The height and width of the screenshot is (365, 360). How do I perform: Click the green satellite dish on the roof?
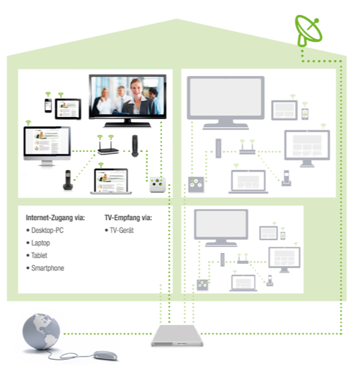(x=308, y=30)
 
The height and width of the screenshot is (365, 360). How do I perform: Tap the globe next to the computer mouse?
(x=41, y=332)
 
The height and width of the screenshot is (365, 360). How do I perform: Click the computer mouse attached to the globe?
(x=105, y=355)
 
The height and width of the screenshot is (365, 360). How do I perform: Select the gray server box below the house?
(x=176, y=335)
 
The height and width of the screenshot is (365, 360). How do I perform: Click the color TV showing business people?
(x=128, y=100)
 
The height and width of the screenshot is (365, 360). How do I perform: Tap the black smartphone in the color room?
(x=48, y=106)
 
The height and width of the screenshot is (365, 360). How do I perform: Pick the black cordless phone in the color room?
(x=68, y=180)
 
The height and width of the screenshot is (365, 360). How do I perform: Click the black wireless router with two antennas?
(x=108, y=148)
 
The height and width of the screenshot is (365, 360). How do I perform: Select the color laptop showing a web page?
(x=111, y=182)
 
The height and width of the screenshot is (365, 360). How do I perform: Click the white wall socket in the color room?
(x=158, y=184)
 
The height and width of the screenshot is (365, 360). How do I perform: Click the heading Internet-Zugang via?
(x=55, y=218)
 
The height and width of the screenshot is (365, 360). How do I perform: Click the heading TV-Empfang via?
(x=128, y=218)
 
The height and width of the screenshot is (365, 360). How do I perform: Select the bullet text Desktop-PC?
(x=47, y=230)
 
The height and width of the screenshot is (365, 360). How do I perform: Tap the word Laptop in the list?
(x=41, y=243)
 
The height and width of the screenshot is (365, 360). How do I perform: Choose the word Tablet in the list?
(x=39, y=256)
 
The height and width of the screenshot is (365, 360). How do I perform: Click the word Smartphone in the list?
(x=48, y=268)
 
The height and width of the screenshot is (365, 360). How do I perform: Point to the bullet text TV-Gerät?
(x=122, y=230)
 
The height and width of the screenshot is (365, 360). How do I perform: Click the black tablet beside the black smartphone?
(x=68, y=109)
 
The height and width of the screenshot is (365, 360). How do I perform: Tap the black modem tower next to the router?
(x=135, y=145)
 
